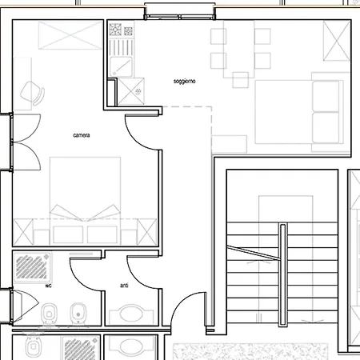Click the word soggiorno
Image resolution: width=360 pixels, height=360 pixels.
pos(184,82)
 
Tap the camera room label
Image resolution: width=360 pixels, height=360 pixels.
pos(82,135)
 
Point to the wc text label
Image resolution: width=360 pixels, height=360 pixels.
pos(48,286)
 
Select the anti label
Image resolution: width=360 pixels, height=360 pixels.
pos(124,286)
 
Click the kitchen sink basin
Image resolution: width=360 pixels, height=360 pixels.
pos(121,66)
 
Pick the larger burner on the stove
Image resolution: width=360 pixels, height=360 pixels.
pos(115,30)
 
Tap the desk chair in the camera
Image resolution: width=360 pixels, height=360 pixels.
pos(33,93)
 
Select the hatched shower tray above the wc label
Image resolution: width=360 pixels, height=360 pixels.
pos(32,267)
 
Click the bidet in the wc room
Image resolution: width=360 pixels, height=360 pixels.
pos(78,314)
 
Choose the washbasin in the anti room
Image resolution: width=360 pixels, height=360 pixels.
pos(131,314)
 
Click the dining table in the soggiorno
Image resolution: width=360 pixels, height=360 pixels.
pos(239,49)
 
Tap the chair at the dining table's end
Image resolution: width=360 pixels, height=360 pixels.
pos(241,80)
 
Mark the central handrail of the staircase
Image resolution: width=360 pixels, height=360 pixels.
pos(283,274)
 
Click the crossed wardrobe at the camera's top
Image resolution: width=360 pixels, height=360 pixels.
pos(70,35)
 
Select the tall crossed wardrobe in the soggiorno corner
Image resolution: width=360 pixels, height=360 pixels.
pos(337,41)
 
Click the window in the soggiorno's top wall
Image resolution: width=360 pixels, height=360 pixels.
pos(180,17)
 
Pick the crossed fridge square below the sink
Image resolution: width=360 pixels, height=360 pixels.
pos(131,91)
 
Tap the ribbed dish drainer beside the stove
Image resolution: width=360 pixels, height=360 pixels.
pos(121,47)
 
